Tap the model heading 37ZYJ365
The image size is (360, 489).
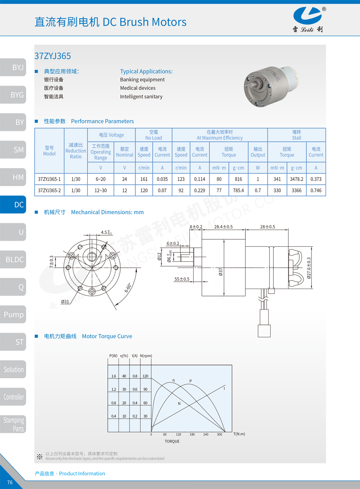(x=53, y=56)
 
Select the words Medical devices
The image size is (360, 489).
(x=138, y=88)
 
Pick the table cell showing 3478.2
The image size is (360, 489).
(x=297, y=179)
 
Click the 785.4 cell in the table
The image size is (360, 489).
(x=238, y=191)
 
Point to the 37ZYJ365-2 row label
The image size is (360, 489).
(x=49, y=191)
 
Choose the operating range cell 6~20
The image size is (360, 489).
(x=100, y=179)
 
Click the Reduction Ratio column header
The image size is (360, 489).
(x=76, y=151)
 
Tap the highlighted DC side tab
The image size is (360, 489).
(x=14, y=205)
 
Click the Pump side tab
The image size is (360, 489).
(x=14, y=314)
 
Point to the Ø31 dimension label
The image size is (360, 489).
(x=65, y=301)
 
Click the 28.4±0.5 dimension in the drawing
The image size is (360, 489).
(x=223, y=227)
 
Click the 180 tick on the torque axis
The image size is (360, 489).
(x=192, y=435)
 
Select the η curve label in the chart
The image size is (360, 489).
(x=173, y=380)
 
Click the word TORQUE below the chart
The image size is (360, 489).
(x=172, y=441)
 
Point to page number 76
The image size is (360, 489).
(x=10, y=482)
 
